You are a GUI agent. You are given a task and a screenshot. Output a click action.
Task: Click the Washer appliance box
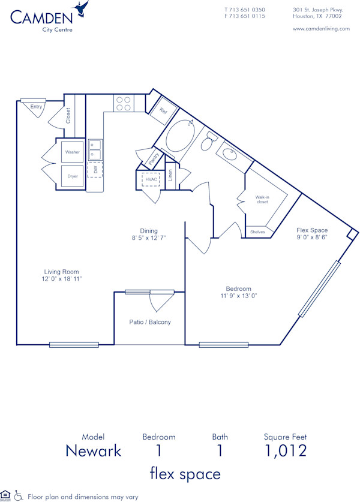(x=73, y=152)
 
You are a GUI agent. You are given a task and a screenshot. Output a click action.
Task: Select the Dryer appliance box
(x=73, y=176)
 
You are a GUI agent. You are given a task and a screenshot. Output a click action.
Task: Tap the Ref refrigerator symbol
(x=163, y=111)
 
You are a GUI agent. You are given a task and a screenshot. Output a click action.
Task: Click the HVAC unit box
(x=150, y=179)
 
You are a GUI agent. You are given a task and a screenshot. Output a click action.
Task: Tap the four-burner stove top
(x=124, y=104)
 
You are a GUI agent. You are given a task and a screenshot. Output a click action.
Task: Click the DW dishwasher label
(x=95, y=169)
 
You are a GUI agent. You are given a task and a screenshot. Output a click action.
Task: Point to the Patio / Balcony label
(x=150, y=322)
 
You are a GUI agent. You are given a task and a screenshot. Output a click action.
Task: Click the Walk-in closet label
(x=262, y=200)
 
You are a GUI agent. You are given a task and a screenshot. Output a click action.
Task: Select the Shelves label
(x=257, y=232)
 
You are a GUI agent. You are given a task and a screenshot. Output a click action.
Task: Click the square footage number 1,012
(x=285, y=450)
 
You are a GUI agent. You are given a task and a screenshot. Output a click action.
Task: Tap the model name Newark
(x=93, y=450)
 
